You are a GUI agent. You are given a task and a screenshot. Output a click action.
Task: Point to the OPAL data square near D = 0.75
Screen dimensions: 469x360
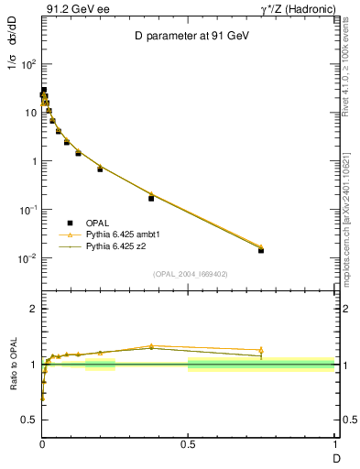pyautogui.click(x=261, y=250)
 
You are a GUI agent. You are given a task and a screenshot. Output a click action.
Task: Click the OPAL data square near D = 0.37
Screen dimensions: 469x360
pyautogui.click(x=151, y=198)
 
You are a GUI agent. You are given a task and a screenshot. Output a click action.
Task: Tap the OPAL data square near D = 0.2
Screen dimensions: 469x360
pyautogui.click(x=100, y=169)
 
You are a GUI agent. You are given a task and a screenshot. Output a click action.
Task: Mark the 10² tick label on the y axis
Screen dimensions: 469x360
pyautogui.click(x=27, y=64)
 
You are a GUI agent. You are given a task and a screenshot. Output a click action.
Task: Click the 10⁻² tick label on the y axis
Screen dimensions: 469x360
pyautogui.click(x=27, y=258)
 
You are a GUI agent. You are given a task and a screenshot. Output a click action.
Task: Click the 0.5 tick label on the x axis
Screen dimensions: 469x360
pyautogui.click(x=188, y=445)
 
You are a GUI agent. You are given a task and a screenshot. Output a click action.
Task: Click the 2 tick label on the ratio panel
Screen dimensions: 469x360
pyautogui.click(x=33, y=309)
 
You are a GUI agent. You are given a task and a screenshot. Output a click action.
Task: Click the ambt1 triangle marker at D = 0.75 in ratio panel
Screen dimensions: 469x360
pyautogui.click(x=261, y=350)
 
